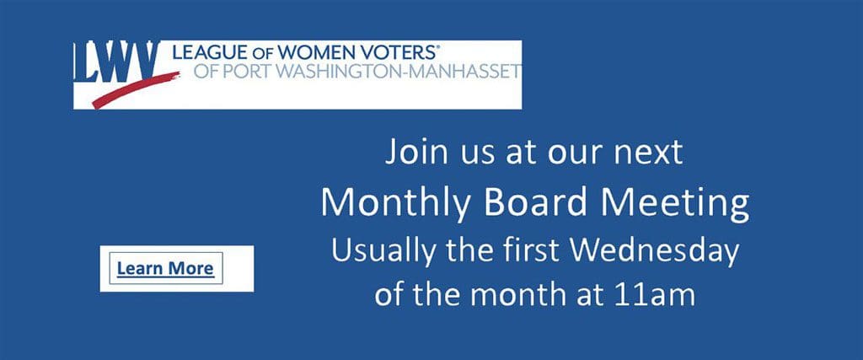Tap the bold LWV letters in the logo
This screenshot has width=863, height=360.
pos(116,62)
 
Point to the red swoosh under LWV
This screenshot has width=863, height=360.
pos(136,89)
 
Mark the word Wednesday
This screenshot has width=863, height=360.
pos(654,251)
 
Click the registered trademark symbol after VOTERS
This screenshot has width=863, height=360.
pos(438,47)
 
